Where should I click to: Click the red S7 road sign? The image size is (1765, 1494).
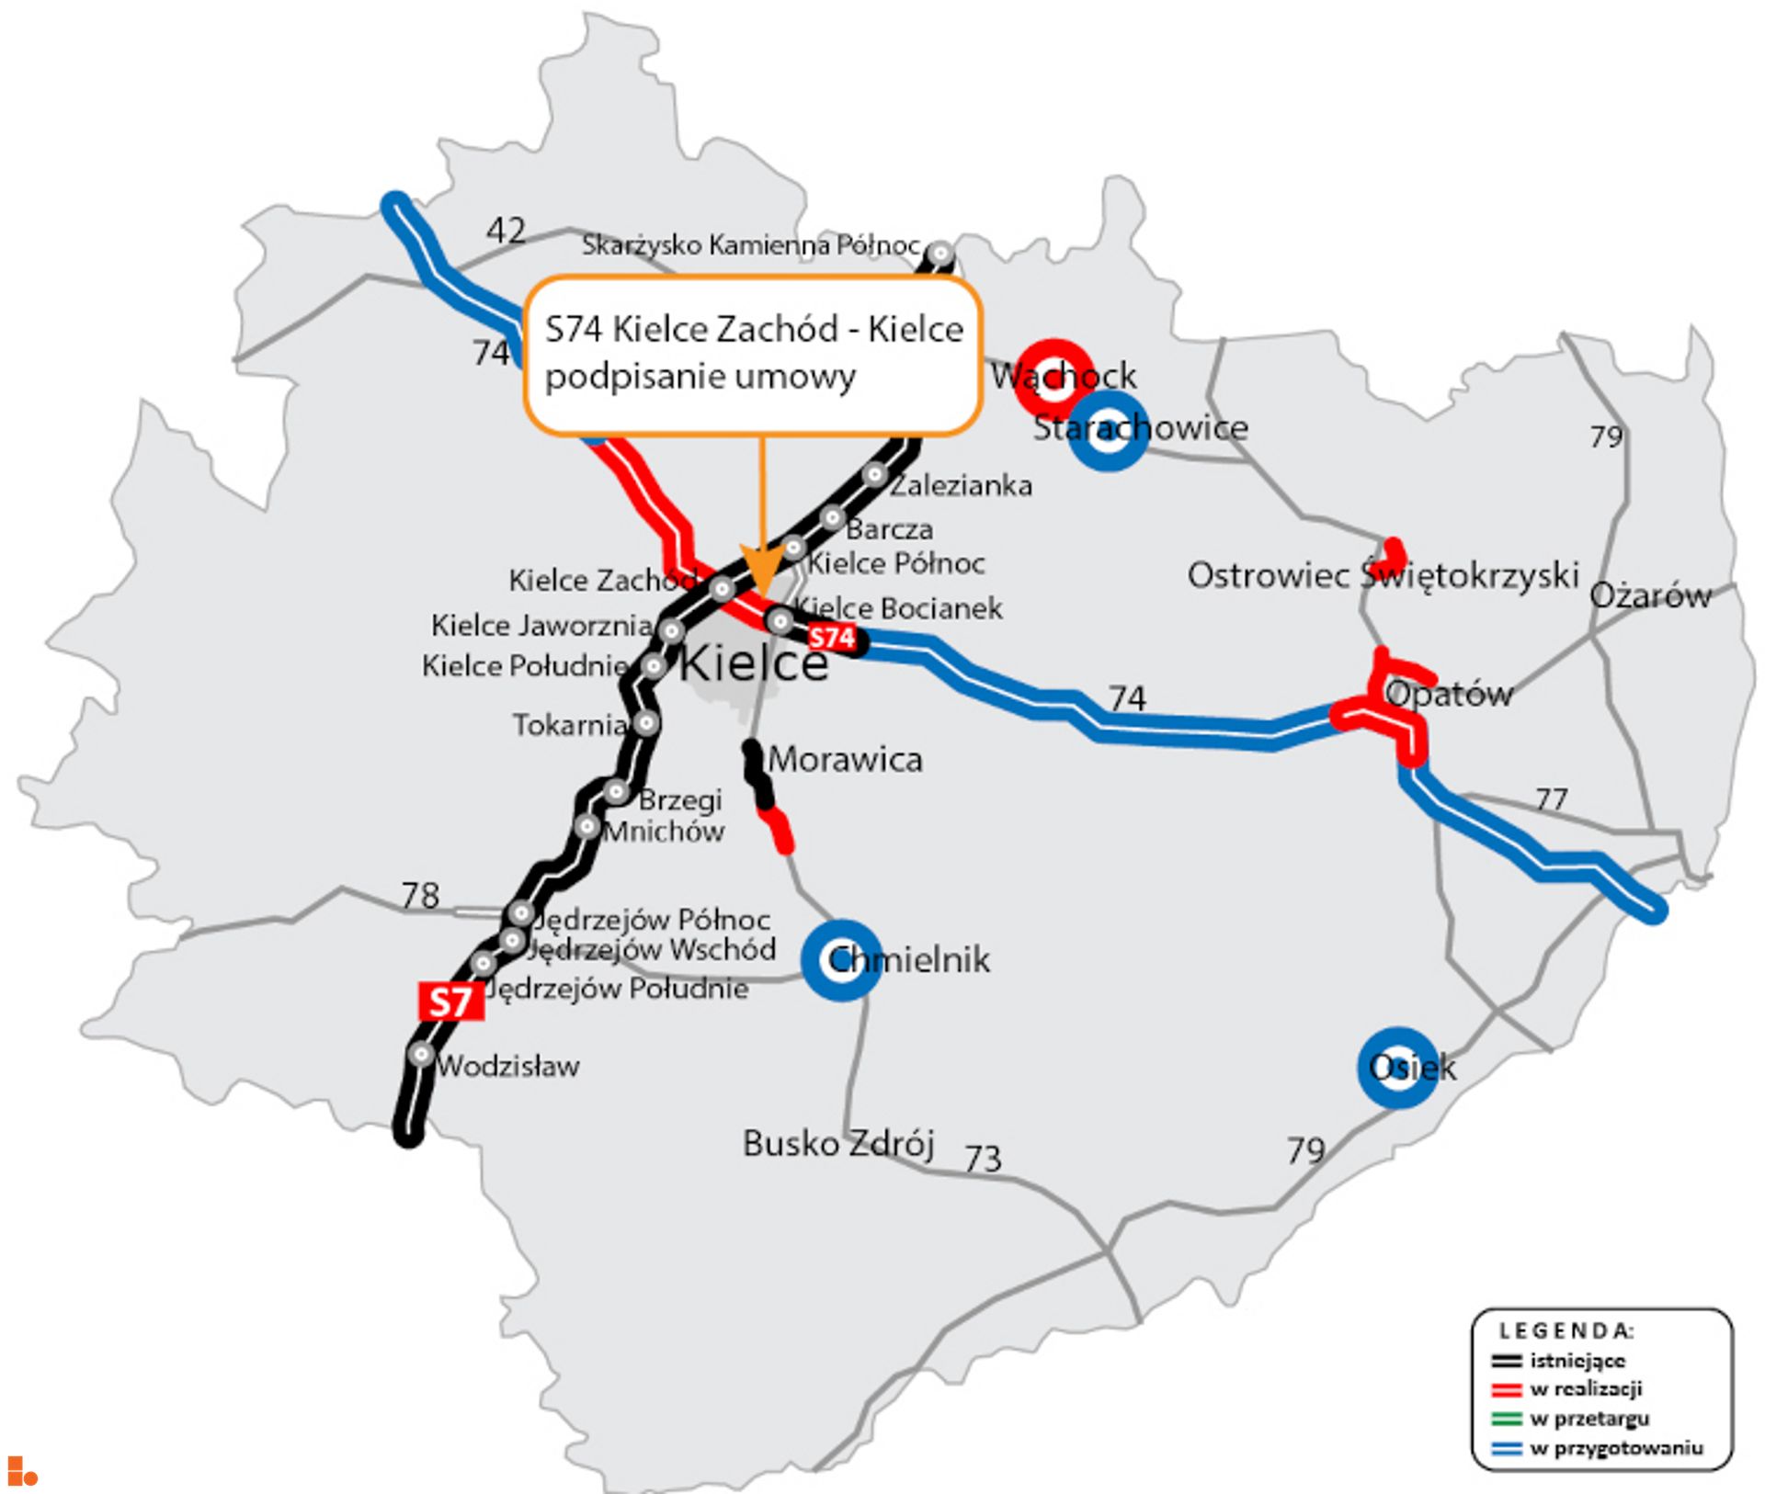click(x=450, y=1001)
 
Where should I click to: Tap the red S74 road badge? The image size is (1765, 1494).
click(x=831, y=638)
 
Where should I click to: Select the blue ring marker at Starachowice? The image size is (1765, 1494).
click(x=1109, y=431)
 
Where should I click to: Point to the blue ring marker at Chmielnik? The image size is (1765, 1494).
click(x=841, y=960)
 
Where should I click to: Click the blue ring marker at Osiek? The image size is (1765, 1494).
click(x=1397, y=1068)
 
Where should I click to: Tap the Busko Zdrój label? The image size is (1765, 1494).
click(x=837, y=1144)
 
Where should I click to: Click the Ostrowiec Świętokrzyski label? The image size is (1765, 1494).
click(x=1383, y=576)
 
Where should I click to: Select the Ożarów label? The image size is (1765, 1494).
click(x=1650, y=595)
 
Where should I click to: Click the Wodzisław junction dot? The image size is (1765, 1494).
click(x=421, y=1054)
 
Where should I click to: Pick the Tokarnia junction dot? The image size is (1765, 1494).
click(x=646, y=723)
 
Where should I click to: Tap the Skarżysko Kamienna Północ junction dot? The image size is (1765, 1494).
click(x=940, y=253)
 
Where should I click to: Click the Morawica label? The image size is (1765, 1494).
click(x=845, y=760)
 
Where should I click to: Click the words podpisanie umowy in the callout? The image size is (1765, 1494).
click(x=700, y=377)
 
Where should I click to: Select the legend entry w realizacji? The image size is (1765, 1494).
click(x=1585, y=1388)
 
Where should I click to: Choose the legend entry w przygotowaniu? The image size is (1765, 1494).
click(x=1615, y=1448)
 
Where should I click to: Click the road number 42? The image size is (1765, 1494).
click(x=506, y=230)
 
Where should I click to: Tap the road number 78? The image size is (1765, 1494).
click(x=420, y=895)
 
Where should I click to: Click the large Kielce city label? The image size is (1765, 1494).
click(x=753, y=662)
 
